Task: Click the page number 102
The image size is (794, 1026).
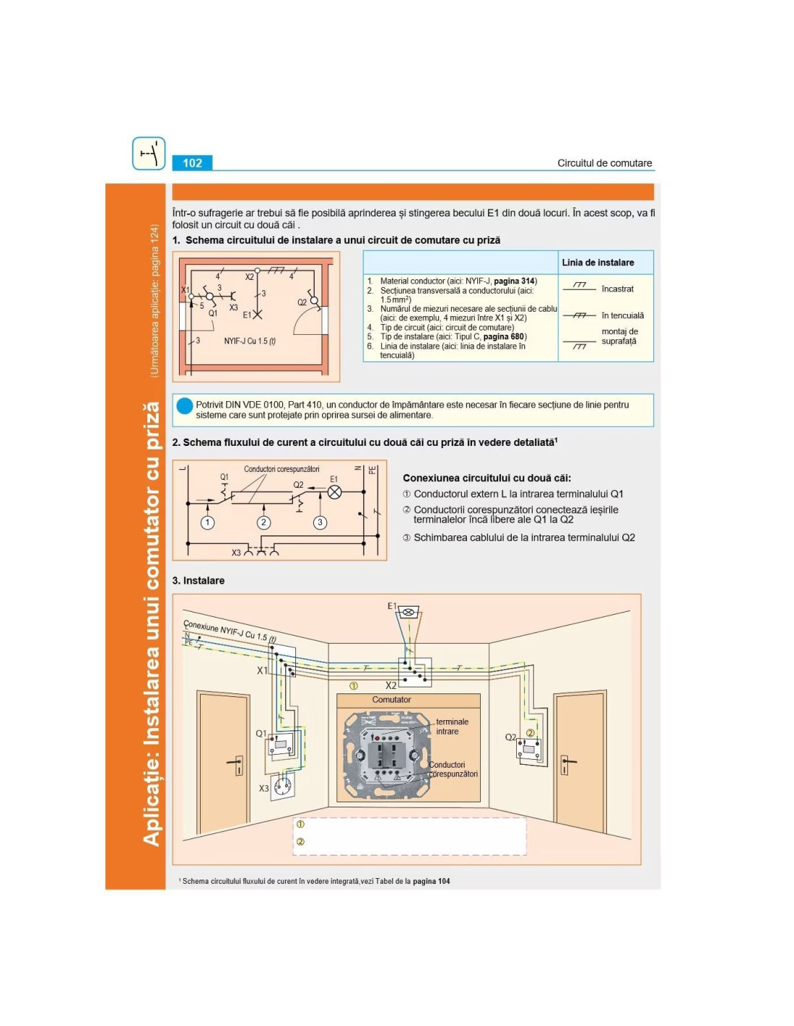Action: pyautogui.click(x=192, y=163)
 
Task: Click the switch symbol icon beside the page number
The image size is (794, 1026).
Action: pyautogui.click(x=149, y=154)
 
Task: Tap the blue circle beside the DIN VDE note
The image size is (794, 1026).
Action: pyautogui.click(x=185, y=405)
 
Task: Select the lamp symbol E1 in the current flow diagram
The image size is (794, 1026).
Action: pyautogui.click(x=335, y=492)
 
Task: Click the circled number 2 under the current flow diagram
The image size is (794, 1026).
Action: pyautogui.click(x=263, y=522)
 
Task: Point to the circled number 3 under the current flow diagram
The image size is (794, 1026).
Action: pyautogui.click(x=320, y=522)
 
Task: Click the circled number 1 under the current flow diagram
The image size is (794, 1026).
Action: pyautogui.click(x=208, y=522)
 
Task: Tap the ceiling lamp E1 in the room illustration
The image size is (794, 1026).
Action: pyautogui.click(x=409, y=613)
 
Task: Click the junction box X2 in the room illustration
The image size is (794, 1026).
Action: pyautogui.click(x=415, y=671)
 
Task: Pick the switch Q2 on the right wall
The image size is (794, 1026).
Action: pyautogui.click(x=529, y=750)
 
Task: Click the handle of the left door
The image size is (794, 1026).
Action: pyautogui.click(x=237, y=763)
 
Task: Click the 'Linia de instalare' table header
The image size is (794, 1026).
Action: pyautogui.click(x=598, y=263)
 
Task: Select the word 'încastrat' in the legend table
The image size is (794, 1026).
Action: pyautogui.click(x=617, y=289)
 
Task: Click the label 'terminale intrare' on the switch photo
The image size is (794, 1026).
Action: pyautogui.click(x=452, y=727)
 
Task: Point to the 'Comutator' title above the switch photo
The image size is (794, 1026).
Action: pyautogui.click(x=391, y=700)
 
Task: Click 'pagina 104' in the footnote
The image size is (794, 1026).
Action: pyautogui.click(x=431, y=881)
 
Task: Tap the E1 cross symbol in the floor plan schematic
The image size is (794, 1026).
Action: pyautogui.click(x=258, y=315)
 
